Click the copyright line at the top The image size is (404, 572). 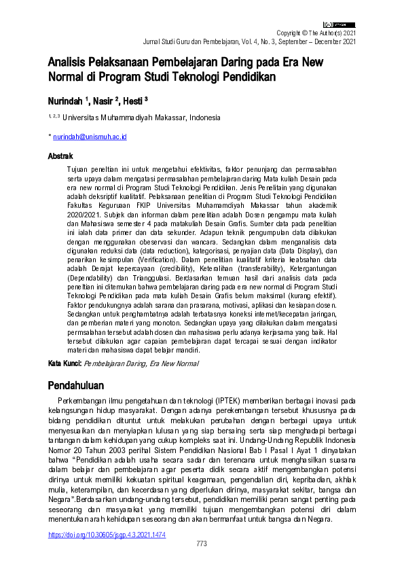click(316, 33)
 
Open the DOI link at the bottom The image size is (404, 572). click(107, 535)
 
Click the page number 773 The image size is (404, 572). click(202, 544)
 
